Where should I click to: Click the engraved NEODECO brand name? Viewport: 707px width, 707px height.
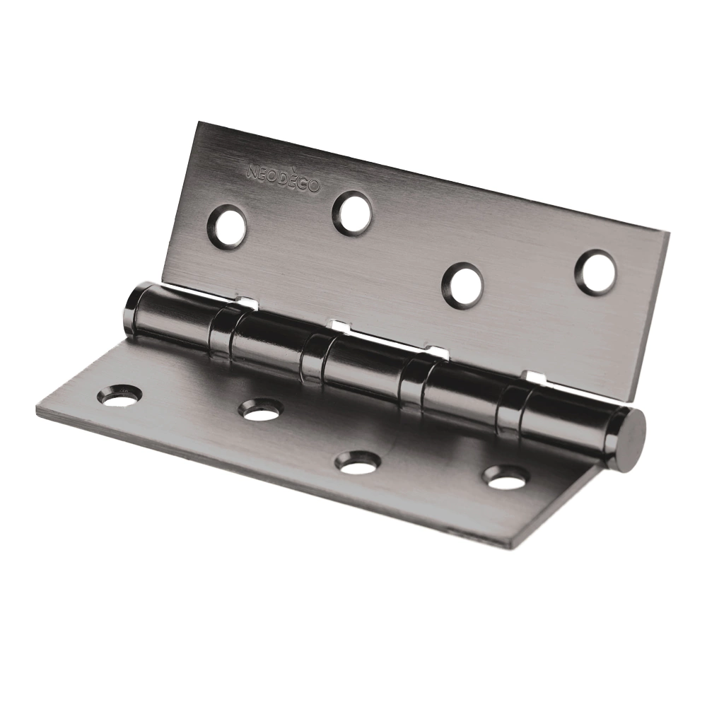[x=284, y=179]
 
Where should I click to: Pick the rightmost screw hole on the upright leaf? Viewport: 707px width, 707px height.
[x=595, y=273]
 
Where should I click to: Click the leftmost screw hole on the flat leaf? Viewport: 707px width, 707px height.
[x=119, y=395]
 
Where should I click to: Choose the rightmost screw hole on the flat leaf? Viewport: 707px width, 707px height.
[x=506, y=479]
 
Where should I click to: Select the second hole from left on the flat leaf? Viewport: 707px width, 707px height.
[x=260, y=411]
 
